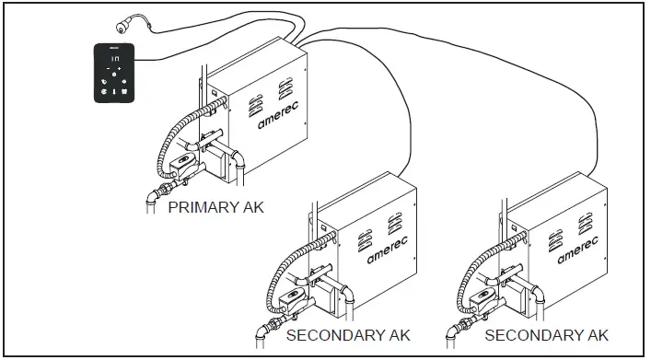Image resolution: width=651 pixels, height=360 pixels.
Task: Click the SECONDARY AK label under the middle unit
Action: [348, 334]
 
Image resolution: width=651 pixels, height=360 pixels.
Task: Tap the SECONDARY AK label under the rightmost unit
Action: [547, 334]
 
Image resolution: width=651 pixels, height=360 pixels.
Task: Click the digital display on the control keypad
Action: [113, 57]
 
